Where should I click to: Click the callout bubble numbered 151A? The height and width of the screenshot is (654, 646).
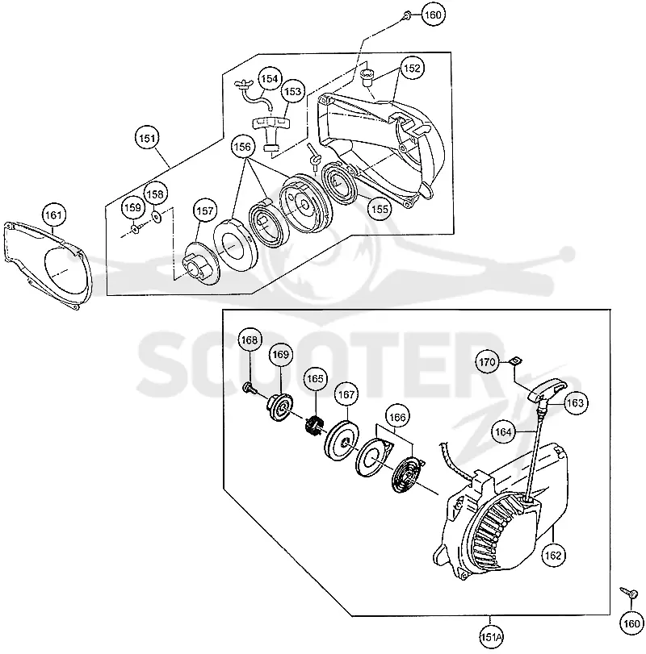tap(491, 637)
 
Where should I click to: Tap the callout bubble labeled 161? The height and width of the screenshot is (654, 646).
tap(53, 215)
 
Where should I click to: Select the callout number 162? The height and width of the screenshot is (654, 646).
tap(553, 555)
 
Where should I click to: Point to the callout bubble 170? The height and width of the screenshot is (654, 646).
tap(487, 362)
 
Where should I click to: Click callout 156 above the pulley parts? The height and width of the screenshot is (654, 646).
tap(243, 147)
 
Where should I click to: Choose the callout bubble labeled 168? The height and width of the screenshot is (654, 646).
tap(250, 340)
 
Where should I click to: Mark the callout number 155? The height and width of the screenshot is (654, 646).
tap(380, 209)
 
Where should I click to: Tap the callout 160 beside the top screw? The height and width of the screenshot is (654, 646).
tap(433, 15)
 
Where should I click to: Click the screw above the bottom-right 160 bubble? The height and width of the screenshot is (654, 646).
tap(629, 592)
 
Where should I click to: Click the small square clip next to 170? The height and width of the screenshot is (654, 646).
tap(516, 361)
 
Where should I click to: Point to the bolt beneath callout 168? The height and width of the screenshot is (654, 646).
tap(249, 388)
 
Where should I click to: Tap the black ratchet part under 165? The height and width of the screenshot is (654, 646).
tap(313, 426)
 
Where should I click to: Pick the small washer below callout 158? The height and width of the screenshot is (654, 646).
tap(157, 217)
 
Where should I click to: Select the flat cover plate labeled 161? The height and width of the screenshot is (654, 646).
tap(47, 266)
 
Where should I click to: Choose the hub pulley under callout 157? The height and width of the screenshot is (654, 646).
tap(202, 264)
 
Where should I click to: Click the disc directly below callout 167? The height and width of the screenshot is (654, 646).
tap(341, 443)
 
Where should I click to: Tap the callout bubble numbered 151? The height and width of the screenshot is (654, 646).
tap(148, 138)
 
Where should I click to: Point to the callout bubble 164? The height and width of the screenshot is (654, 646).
tap(503, 431)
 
